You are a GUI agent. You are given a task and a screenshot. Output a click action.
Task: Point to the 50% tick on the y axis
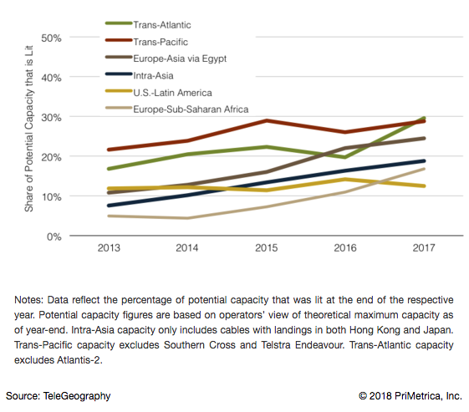coord(52,38)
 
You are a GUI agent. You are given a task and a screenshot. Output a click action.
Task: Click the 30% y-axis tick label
coord(52,117)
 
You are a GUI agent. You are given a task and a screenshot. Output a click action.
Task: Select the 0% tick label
coord(54,237)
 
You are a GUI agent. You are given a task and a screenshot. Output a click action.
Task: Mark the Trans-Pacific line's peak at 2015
coord(266,120)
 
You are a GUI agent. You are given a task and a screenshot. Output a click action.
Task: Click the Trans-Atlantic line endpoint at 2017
coord(424,119)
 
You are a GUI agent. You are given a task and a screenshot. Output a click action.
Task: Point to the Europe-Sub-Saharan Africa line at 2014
coord(187,218)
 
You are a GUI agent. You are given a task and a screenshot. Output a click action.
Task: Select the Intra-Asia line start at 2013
coord(109,206)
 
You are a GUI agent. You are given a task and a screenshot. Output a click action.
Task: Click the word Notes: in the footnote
coord(30,299)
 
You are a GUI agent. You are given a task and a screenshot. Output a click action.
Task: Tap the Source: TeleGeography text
coord(59,395)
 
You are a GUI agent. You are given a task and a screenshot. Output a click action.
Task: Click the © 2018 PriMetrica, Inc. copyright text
coord(409,395)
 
